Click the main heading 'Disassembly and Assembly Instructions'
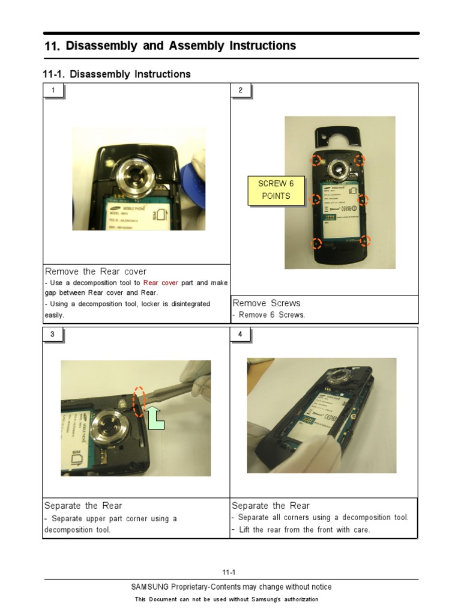point(180,46)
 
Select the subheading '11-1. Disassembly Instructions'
point(116,74)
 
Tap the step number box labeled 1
point(53,91)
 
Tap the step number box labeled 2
point(241,91)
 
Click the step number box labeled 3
point(53,335)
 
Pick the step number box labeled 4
point(241,335)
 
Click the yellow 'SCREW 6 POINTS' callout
point(275,190)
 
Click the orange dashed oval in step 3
point(139,401)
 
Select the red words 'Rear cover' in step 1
point(160,283)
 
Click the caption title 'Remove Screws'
point(266,303)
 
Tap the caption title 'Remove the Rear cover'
point(95,271)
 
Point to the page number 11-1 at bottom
point(230,572)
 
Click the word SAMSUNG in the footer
point(150,587)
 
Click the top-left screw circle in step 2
point(315,160)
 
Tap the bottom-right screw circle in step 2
point(365,241)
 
